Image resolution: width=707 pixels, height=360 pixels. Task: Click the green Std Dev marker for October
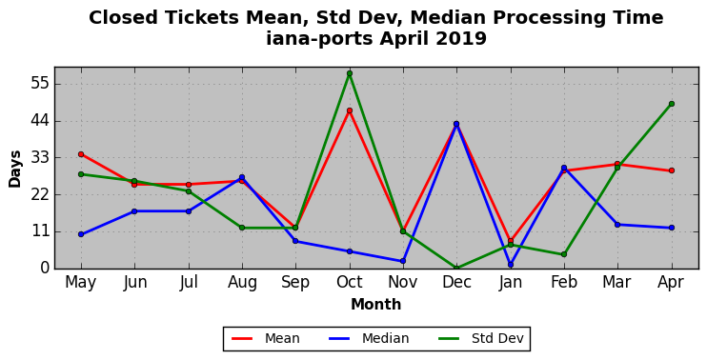[x=350, y=73]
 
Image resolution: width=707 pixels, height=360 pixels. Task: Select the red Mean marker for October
[x=350, y=110]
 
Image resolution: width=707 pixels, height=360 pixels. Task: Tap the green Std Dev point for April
[x=672, y=104]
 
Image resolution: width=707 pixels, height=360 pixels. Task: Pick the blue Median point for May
[x=81, y=234]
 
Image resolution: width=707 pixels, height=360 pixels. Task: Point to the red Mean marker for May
[x=81, y=154]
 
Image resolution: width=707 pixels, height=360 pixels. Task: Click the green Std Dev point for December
[x=456, y=269]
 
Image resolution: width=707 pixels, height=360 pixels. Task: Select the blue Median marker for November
[x=403, y=261]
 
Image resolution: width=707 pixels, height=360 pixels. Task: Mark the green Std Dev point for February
[x=564, y=254]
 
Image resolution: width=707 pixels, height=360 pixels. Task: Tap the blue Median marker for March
[x=617, y=225]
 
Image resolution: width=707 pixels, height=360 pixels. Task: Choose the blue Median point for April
[x=672, y=228]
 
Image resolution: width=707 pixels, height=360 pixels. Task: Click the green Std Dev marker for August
[x=242, y=228]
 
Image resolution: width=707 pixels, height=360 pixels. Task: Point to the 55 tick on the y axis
[x=40, y=84]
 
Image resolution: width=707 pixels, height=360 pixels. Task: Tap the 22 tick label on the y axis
[x=40, y=195]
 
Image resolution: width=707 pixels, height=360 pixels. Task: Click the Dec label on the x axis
[x=456, y=283]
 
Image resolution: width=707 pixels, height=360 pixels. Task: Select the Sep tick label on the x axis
[x=295, y=283]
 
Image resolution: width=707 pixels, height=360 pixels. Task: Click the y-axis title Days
[x=15, y=169]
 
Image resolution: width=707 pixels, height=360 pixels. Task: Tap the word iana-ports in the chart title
[x=319, y=39]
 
